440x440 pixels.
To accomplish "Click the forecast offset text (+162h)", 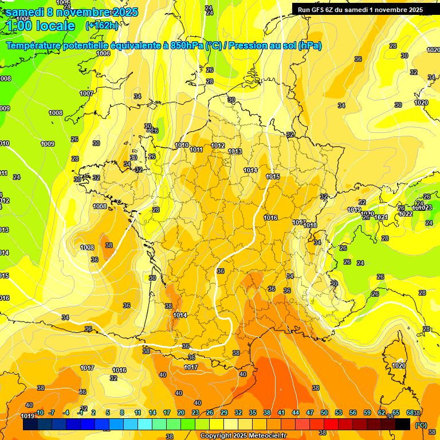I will click(x=101, y=25).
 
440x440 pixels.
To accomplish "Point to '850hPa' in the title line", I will click(x=187, y=46).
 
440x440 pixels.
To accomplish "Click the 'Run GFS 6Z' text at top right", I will click(x=319, y=9).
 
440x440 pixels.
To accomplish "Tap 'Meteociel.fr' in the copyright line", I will click(x=264, y=436).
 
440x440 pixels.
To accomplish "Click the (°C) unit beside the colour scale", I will click(x=421, y=425).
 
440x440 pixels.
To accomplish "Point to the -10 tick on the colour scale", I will click(x=39, y=413).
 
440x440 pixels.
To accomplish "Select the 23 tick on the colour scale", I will click(x=195, y=413).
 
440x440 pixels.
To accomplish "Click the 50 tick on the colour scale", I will click(x=324, y=413).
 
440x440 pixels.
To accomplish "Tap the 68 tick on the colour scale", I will click(x=410, y=413).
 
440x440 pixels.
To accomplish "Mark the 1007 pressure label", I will click(x=87, y=93).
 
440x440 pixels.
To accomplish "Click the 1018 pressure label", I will click(x=311, y=225).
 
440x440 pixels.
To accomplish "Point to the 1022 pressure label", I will click(x=406, y=214).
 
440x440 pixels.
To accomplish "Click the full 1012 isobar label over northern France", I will click(x=218, y=146).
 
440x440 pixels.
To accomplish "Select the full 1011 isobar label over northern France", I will click(x=197, y=150).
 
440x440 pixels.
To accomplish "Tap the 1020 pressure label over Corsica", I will click(x=399, y=366).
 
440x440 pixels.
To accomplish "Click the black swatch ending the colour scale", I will click(x=403, y=425).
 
